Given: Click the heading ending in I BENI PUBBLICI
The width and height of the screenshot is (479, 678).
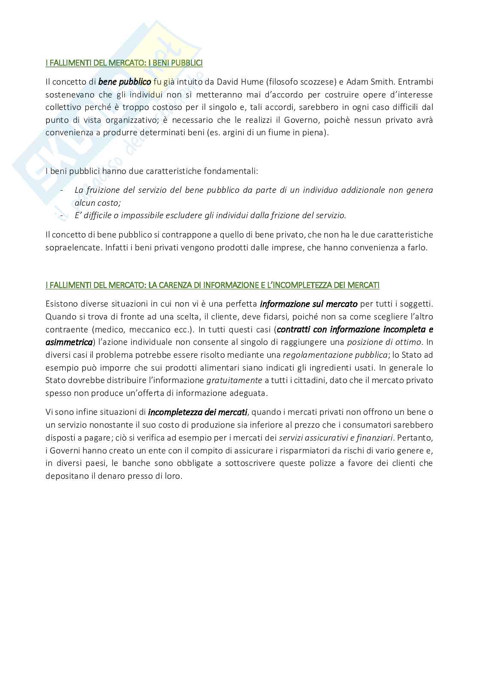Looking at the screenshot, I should coord(124,63).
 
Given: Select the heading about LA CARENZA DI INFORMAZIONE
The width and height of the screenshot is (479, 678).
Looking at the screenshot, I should coord(212,285).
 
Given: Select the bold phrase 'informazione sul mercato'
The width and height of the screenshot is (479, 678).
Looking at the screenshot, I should coord(309,304).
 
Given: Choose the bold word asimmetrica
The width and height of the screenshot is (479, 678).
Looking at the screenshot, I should coord(69,342).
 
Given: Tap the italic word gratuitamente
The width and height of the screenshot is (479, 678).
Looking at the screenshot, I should coord(234,380).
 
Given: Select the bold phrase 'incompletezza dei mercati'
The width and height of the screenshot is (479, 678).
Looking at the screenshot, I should coord(197,412).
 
